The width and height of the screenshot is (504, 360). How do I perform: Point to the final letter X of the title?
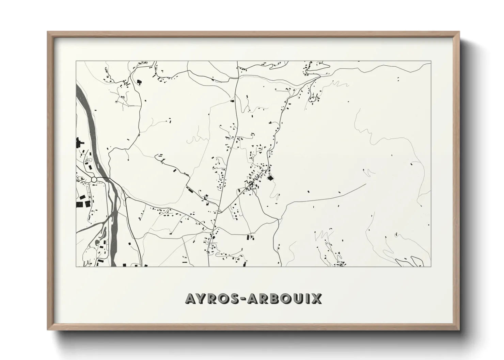tap(316, 298)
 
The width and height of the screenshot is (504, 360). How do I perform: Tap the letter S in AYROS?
tap(237, 298)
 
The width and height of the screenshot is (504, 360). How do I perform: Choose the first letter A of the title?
tap(191, 298)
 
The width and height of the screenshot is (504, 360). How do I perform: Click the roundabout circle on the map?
tap(94, 179)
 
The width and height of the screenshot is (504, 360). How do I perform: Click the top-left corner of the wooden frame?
tap(48, 32)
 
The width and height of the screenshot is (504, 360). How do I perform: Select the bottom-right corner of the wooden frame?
tap(459, 330)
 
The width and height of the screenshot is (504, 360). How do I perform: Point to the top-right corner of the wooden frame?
tap(459, 32)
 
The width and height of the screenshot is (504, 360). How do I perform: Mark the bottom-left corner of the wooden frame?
tap(48, 330)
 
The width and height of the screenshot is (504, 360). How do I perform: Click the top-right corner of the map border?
tap(431, 61)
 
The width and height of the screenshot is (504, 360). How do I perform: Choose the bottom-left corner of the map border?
tap(76, 266)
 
